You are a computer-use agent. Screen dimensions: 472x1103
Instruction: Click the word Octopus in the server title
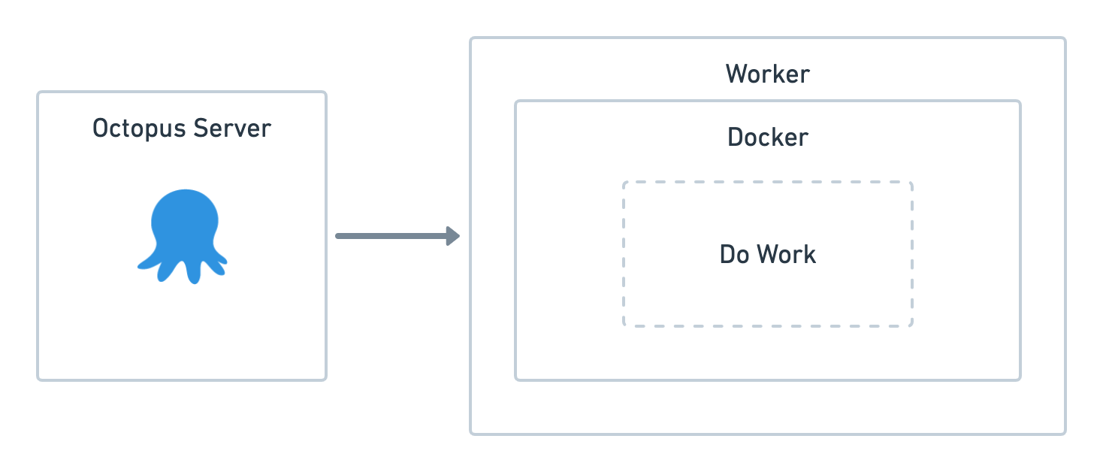(139, 129)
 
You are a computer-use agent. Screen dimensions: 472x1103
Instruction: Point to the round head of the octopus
(184, 217)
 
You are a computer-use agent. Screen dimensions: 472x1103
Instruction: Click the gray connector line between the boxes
(391, 236)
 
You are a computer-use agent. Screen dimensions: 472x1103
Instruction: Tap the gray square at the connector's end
(457, 236)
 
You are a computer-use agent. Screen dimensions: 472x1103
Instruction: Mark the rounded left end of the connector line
(337, 236)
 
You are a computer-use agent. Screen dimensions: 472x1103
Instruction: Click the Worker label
(767, 74)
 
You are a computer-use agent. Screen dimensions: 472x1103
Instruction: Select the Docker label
(767, 138)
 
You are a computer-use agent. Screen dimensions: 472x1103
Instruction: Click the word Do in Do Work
(734, 255)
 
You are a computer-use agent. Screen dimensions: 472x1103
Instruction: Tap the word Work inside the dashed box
(786, 255)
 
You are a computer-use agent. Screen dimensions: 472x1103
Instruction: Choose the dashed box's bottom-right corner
(911, 325)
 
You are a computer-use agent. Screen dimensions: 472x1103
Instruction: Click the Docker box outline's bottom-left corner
(517, 378)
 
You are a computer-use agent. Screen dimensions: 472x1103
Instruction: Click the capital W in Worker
(736, 74)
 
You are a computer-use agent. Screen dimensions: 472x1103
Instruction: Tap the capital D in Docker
(736, 138)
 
